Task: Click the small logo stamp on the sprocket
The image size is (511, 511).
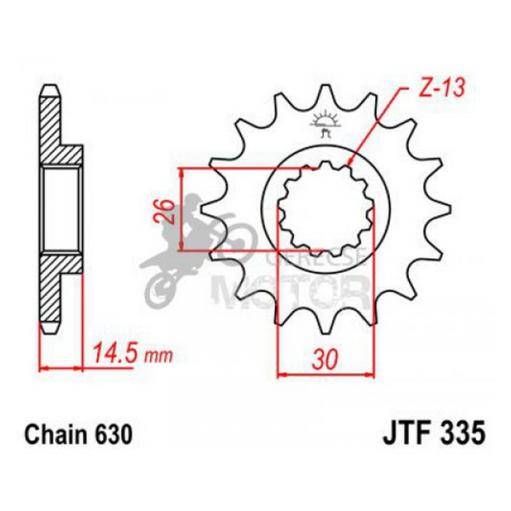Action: (325, 124)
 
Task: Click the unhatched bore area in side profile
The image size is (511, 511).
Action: (61, 208)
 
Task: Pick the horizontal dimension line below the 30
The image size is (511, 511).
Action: (325, 375)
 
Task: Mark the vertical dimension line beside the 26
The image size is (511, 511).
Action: (183, 210)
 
